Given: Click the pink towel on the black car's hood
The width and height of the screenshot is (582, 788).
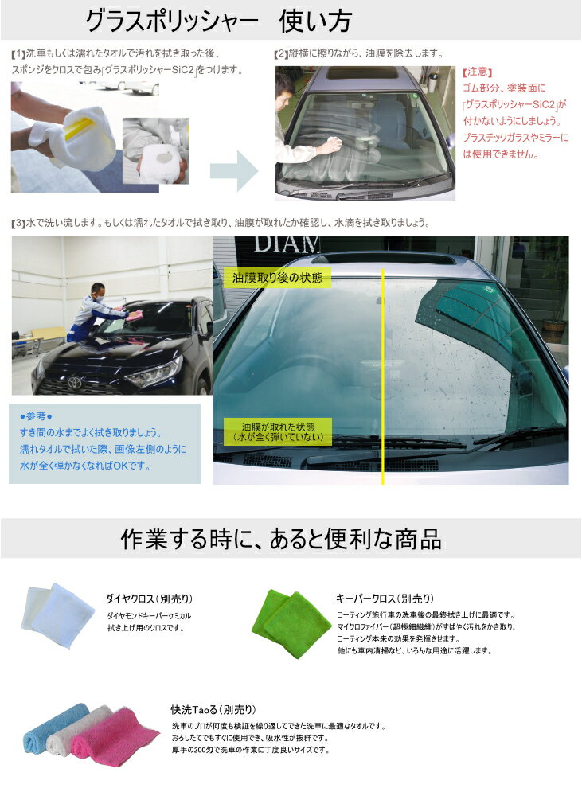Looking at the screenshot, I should [135, 316].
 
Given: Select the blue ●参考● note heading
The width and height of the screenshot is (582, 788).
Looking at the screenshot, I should [36, 416].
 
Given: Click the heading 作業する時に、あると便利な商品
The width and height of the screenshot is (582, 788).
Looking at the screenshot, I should [280, 540].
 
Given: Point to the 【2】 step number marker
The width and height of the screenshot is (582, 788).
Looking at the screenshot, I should [280, 54].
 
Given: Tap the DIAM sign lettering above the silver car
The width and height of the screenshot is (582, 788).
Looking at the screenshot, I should [275, 244].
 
